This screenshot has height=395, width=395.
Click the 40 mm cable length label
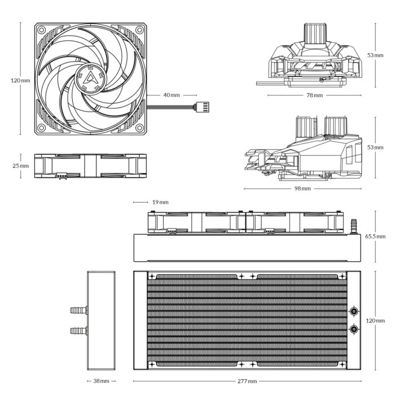point(171,95)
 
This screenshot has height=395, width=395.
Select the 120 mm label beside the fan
point(21,81)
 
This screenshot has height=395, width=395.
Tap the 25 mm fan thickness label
point(20,166)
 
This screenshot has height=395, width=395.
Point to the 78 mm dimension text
point(314,95)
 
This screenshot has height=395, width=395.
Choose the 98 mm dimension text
point(302,188)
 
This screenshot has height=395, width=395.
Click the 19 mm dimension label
point(160,202)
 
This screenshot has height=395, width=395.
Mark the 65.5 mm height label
point(375,236)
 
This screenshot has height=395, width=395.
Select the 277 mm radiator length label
point(247,381)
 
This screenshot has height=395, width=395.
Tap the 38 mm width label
point(101,381)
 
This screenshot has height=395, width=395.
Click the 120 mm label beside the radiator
point(375,321)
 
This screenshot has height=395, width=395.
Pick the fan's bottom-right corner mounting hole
point(139,128)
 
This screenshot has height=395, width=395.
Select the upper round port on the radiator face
point(353,311)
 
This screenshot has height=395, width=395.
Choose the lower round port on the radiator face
point(353,330)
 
